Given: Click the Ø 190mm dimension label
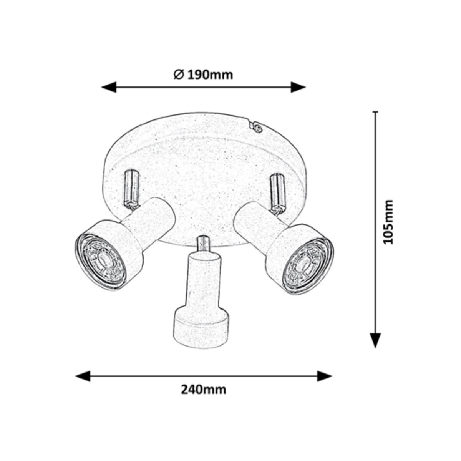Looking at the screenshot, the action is pos(203,75).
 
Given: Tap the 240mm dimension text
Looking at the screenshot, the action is pos(203,390).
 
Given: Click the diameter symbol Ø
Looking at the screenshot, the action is pos(179,75).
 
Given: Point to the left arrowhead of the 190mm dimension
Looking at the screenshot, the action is pos(109,87).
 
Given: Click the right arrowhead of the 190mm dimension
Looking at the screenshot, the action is pos(298,87).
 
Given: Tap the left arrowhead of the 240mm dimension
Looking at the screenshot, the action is pos(83,376).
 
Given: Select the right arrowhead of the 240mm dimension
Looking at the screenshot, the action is pos(324,376).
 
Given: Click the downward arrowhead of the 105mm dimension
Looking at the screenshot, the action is pos(375,340).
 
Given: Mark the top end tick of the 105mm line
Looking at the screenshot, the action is pos(375,112).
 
